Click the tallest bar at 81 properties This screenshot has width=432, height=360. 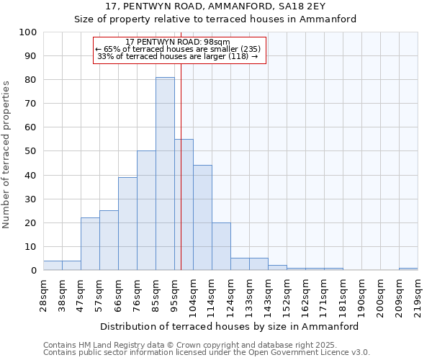pos(165,174)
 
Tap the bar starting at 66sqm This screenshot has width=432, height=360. pos(127,223)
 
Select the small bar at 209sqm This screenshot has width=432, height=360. pos(408,269)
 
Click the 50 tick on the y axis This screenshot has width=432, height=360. pos(31,151)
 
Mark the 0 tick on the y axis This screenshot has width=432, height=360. pos(34,271)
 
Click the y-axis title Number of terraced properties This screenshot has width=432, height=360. pos(7,154)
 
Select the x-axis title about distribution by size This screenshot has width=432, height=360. pos(229,326)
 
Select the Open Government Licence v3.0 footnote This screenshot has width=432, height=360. pos(207,353)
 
